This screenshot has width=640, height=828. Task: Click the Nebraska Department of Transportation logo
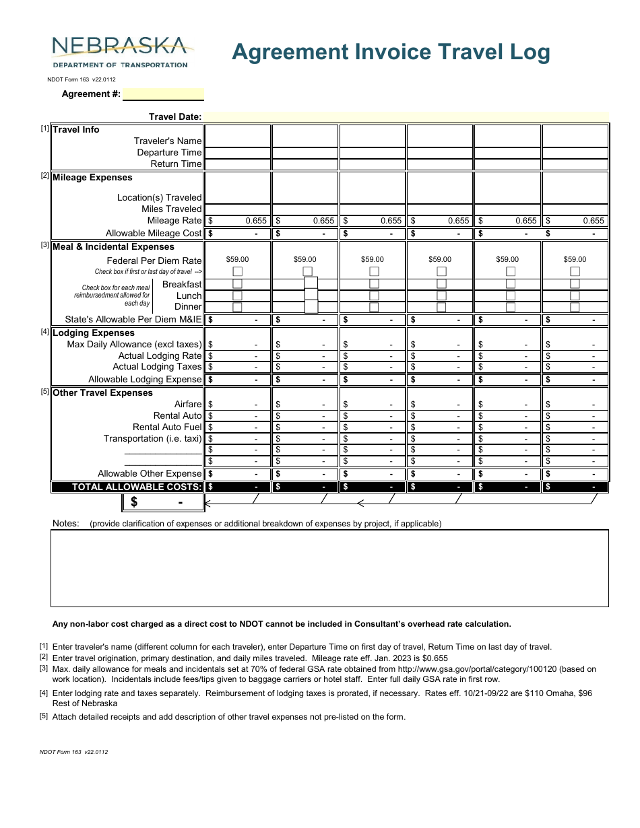click(x=120, y=52)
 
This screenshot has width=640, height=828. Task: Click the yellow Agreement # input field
click(x=163, y=94)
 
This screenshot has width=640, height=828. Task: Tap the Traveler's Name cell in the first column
click(x=237, y=141)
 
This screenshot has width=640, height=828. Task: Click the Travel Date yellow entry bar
click(x=406, y=116)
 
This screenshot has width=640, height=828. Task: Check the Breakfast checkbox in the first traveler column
click(x=237, y=284)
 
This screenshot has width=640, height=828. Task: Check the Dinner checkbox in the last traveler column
click(x=575, y=307)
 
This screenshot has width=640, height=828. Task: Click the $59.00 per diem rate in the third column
click(x=372, y=259)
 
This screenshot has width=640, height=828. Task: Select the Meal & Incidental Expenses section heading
click(x=113, y=247)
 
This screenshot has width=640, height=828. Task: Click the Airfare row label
click(x=188, y=404)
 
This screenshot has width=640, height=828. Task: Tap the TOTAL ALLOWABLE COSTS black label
click(x=136, y=487)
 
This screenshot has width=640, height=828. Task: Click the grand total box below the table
click(x=162, y=502)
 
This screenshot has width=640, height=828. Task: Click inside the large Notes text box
click(x=329, y=568)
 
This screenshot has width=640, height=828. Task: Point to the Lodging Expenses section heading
click(x=94, y=333)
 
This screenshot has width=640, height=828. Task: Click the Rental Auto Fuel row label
click(x=167, y=427)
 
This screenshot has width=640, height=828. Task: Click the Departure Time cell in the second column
click(x=305, y=152)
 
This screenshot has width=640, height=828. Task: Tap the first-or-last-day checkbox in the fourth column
click(x=441, y=271)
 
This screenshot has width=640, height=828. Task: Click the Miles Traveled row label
click(x=171, y=209)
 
